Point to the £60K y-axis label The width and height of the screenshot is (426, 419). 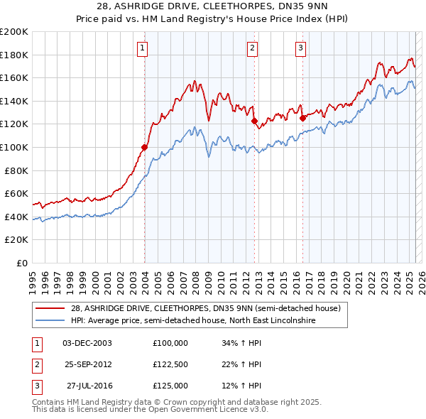[16, 193]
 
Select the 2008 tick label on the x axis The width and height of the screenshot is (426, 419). [195, 279]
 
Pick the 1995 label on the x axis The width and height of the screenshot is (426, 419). [33, 279]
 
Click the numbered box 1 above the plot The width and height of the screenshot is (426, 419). [143, 48]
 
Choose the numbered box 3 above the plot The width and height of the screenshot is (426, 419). [300, 48]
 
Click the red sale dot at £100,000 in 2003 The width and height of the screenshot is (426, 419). [144, 147]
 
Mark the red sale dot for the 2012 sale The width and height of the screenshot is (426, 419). [254, 121]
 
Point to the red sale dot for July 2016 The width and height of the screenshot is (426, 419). [302, 119]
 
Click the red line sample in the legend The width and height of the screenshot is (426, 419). [50, 308]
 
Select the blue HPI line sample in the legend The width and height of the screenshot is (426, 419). [50, 320]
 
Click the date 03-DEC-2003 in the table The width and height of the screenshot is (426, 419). [87, 342]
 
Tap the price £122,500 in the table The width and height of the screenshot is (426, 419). [170, 364]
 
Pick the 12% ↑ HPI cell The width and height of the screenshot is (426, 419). [241, 386]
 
